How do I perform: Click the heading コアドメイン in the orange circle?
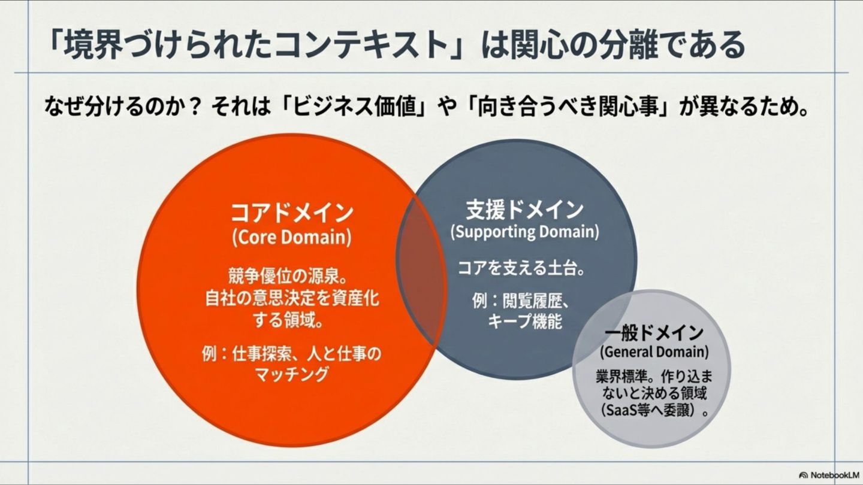pos(292,213)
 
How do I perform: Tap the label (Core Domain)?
pos(292,237)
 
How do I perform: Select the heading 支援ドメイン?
pos(524,210)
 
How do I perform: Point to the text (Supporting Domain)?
pos(524,232)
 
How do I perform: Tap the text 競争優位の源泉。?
pos(289,277)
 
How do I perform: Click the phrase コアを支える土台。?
pos(521,268)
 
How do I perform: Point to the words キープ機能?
pos(525,322)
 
